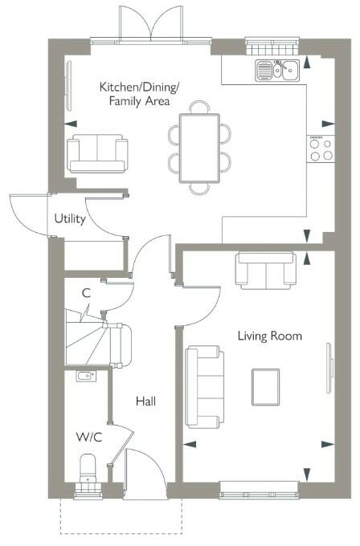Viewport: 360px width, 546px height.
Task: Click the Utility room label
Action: point(70,219)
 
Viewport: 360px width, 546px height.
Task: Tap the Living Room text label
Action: point(270,336)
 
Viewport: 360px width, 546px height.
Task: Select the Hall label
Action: point(145,401)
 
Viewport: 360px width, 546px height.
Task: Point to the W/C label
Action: point(89,437)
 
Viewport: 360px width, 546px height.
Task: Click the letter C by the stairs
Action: point(86,293)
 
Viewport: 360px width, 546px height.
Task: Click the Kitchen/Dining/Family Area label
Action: point(139,94)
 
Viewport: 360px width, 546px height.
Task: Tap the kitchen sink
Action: point(277,71)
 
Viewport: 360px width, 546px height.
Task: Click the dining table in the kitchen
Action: point(199,148)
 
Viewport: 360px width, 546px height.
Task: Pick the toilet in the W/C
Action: point(88,469)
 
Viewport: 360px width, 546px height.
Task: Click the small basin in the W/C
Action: point(86,376)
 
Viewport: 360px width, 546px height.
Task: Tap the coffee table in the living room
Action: point(265,387)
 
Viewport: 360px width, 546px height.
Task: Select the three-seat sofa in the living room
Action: point(204,387)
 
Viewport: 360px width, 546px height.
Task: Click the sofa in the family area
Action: point(97,153)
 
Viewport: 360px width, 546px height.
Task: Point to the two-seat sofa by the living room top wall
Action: point(266,271)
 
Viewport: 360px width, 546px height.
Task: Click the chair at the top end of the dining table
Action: point(200,107)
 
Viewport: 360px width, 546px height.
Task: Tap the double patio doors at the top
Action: point(151,22)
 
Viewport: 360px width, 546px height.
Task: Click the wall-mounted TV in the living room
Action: point(329,368)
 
